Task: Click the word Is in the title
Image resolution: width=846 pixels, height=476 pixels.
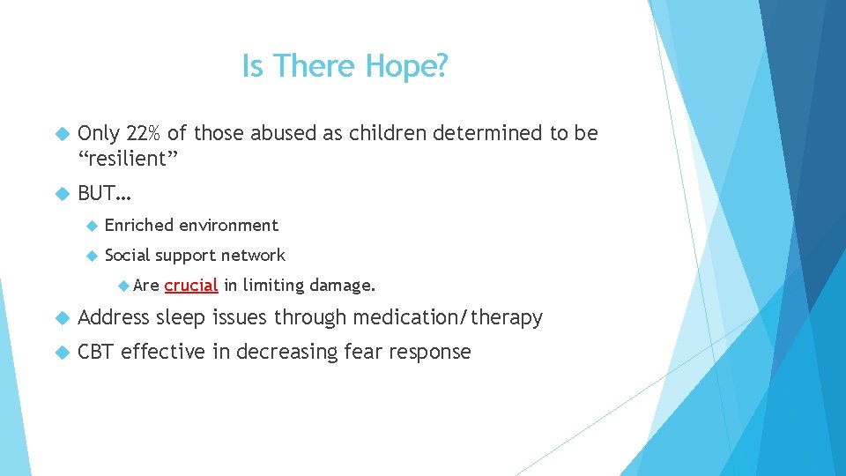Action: coord(252,66)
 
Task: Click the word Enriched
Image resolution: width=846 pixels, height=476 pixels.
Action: coord(138,226)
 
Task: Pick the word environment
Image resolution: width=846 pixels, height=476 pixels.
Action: coord(228,226)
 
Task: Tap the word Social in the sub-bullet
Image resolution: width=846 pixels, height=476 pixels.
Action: coord(127,256)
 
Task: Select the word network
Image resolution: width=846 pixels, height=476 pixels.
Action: coord(253,256)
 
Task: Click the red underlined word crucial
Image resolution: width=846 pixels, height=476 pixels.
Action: coord(190,286)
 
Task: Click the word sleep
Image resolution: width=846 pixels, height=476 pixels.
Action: coord(182,318)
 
